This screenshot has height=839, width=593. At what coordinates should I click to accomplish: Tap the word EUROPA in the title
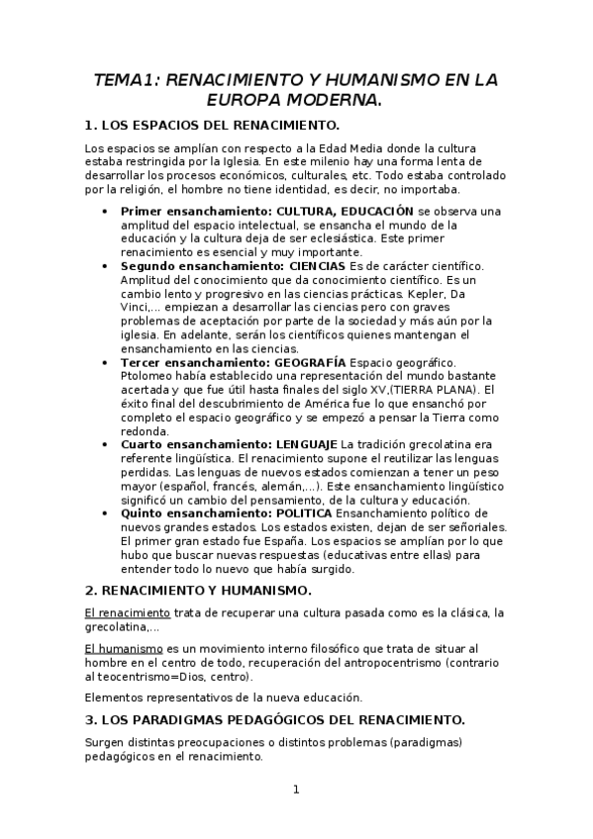248,100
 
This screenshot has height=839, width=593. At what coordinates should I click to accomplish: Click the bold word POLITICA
302,513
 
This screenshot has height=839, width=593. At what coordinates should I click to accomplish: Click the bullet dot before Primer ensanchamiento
105,212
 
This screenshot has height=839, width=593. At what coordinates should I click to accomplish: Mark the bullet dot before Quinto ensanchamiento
105,513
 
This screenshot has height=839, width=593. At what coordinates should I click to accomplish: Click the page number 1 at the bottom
295,790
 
